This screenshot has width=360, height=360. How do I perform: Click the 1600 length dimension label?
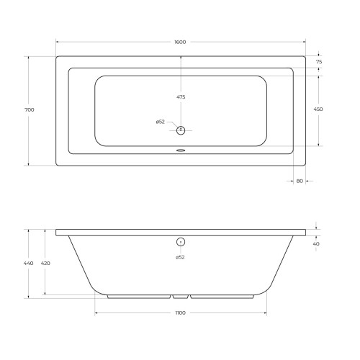click(x=180, y=42)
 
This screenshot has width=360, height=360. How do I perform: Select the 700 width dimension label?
click(x=30, y=110)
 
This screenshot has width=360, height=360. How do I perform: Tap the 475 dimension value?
click(x=181, y=97)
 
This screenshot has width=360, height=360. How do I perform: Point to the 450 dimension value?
click(x=318, y=109)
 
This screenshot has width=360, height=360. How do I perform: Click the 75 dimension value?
click(x=319, y=62)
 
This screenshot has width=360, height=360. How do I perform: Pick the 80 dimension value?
click(x=300, y=181)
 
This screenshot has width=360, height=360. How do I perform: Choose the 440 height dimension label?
click(x=28, y=264)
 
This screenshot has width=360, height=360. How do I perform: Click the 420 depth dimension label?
click(x=45, y=264)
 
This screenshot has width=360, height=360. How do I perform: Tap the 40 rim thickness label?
click(x=316, y=244)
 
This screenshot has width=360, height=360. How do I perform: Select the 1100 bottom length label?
click(x=181, y=313)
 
